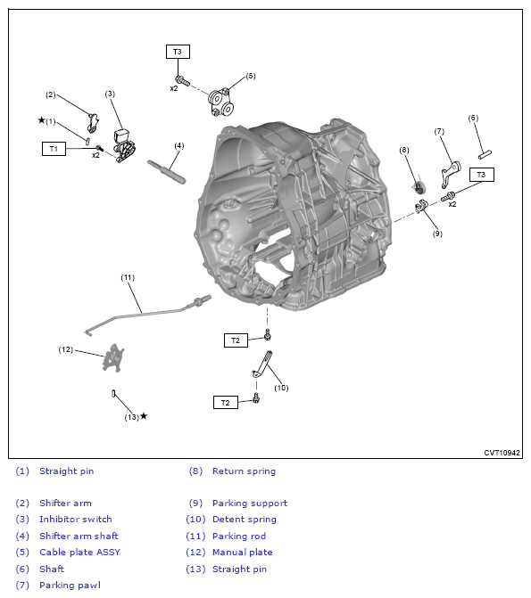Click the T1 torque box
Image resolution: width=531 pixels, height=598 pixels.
54,149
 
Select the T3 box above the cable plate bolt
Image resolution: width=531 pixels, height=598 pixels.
178,52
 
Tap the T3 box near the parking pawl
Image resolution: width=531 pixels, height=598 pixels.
481,175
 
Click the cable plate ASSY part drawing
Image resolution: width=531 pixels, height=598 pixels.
220,102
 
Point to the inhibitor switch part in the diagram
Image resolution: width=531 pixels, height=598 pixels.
124,146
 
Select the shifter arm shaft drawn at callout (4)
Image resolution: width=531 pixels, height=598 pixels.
167,172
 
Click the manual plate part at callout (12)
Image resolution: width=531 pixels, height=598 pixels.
113,357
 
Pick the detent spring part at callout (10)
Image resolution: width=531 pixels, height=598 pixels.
263,365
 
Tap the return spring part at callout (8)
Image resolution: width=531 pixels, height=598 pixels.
419,186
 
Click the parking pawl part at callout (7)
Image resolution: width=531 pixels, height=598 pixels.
451,175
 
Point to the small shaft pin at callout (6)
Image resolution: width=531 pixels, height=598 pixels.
485,154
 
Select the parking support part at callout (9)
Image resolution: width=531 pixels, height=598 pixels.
421,207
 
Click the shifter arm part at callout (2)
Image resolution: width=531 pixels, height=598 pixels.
93,123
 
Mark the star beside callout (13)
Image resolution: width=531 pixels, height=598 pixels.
144,415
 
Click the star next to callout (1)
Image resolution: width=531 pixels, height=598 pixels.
42,120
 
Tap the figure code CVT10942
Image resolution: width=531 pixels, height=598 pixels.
502,453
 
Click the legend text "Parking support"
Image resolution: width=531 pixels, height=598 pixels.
250,503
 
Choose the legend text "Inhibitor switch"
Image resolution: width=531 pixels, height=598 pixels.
76,519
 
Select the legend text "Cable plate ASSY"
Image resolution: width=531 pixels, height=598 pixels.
79,552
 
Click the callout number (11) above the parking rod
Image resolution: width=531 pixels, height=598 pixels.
128,277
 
